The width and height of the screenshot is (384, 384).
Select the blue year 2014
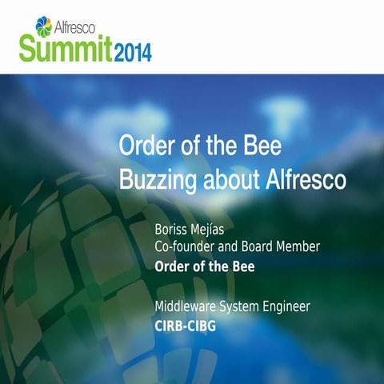pos(130,54)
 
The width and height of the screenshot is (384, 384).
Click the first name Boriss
pos(171,230)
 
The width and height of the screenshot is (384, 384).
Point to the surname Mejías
pos(214,230)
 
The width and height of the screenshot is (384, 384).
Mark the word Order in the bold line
pos(171,266)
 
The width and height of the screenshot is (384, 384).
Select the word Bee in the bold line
pos(242,266)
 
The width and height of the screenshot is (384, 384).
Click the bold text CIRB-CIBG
pos(186,326)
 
